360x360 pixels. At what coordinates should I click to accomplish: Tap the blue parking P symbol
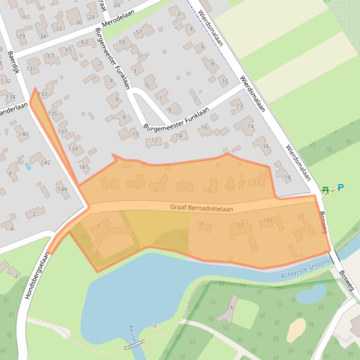click(340, 187)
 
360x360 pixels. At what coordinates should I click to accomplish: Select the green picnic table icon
click(326, 189)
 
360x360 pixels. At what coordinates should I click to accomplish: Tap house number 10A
click(268, 220)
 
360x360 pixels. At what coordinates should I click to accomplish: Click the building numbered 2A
click(229, 307)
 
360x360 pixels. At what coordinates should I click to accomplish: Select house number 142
click(45, 163)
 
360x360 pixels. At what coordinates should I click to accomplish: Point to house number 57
click(138, 32)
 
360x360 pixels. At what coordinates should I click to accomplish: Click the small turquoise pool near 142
click(28, 166)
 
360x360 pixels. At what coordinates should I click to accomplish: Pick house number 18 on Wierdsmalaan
click(287, 177)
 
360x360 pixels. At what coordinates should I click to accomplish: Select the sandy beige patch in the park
click(296, 330)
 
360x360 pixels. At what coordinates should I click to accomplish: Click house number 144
click(62, 189)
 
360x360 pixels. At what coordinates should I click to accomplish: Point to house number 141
click(83, 166)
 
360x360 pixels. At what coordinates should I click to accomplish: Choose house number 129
click(20, 36)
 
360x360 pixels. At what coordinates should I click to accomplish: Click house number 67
click(50, 56)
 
